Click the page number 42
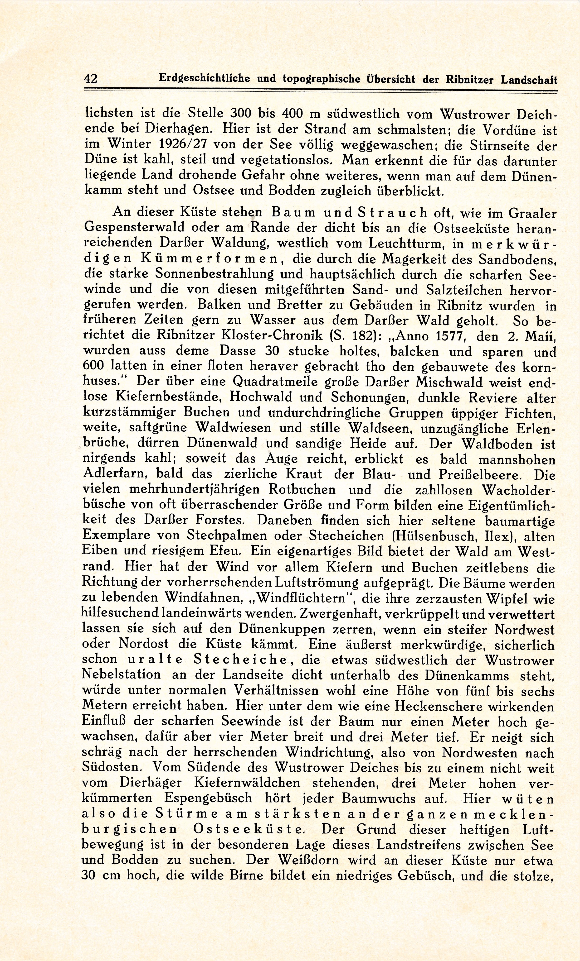(x=91, y=79)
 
